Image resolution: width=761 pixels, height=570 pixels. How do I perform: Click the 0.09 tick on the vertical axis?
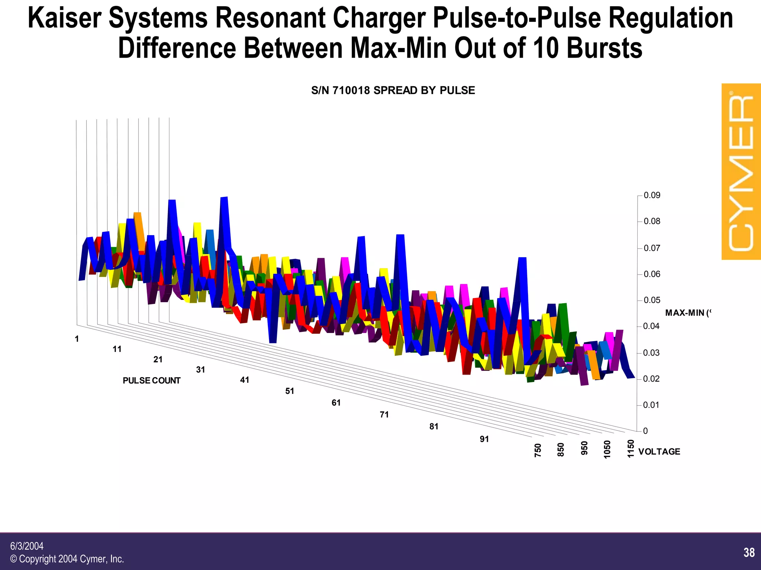coord(652,195)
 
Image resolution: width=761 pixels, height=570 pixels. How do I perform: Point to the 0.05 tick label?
coord(652,300)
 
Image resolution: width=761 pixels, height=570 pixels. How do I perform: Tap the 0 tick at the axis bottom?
coord(645,431)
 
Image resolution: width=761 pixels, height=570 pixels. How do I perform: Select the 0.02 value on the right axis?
coord(652,379)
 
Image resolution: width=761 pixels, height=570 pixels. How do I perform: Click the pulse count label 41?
coord(245,380)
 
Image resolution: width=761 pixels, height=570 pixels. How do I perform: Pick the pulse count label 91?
coord(484,439)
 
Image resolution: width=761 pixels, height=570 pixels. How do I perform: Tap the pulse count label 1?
coord(77,339)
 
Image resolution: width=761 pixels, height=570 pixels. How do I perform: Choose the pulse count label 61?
coord(336,403)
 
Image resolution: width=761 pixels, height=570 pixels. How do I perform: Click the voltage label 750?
coord(538,450)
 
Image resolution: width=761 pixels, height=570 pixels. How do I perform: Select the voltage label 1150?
coord(631,448)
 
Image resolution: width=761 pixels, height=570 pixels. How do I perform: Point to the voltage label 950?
coord(584,448)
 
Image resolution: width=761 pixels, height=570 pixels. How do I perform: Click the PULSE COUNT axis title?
coord(151,380)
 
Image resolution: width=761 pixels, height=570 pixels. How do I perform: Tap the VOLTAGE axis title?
coord(659,451)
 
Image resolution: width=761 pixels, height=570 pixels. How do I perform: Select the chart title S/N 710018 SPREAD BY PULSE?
coord(393,90)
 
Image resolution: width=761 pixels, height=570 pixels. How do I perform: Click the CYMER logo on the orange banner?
coord(741,172)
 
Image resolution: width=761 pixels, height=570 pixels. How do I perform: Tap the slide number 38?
coord(749,553)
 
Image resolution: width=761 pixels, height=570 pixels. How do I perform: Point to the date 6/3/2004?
coord(27,546)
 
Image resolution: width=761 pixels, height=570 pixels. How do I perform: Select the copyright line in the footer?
coord(67,559)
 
